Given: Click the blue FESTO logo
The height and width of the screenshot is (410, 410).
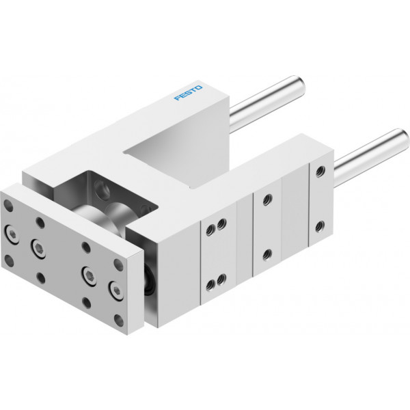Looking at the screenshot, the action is (x=188, y=92).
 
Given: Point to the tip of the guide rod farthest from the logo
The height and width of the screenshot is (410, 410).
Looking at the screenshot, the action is (x=403, y=138).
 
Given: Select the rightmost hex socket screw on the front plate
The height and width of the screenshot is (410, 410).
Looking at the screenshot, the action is (x=116, y=290).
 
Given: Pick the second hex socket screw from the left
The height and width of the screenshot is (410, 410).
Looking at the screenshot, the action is (x=39, y=248).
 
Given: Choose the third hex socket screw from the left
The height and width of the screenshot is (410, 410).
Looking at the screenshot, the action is (x=89, y=275).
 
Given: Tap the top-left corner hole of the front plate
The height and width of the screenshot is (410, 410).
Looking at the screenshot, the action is (x=9, y=206).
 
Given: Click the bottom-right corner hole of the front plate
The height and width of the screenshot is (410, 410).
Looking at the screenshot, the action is (x=119, y=320).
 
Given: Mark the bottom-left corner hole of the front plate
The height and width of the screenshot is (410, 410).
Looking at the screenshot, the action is (x=9, y=261).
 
